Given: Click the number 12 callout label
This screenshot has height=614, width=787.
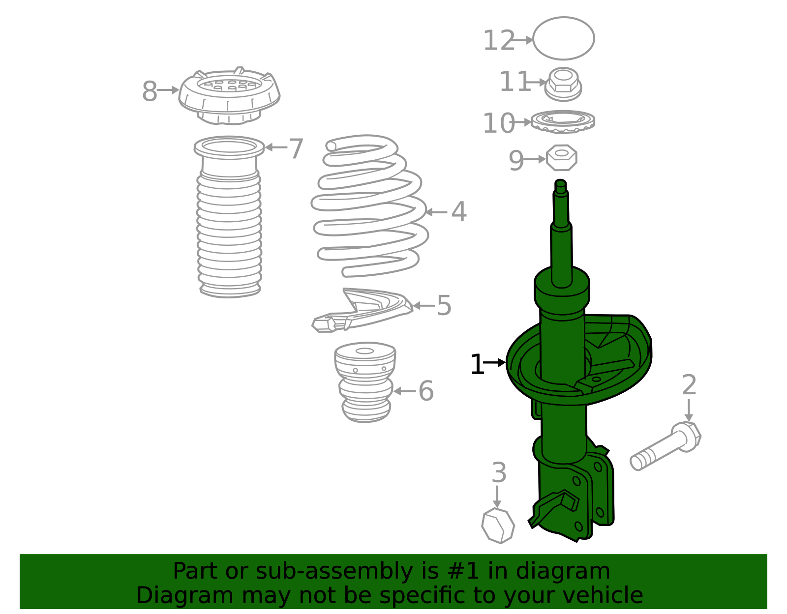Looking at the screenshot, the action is coord(498,40).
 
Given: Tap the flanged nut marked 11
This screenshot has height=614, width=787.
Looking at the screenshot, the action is coord(563,84).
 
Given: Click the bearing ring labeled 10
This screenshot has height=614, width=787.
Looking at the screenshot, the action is coord(563,121).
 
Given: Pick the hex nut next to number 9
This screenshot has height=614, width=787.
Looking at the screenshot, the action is coord(561,158).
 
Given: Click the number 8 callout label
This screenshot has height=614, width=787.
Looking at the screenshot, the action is coord(150,91).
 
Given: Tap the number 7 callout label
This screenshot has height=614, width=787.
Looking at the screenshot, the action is coord(296,148).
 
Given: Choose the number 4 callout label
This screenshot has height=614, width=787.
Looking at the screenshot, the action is coord(459,211).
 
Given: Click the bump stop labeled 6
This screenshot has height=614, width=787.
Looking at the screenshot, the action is coord(365,382).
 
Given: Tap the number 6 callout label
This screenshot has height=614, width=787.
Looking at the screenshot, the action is coord(426,391).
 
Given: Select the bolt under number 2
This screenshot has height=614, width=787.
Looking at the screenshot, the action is coord(666,446).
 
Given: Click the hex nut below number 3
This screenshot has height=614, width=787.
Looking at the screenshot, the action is coord(498,526).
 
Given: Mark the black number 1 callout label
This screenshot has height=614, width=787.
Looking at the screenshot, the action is coord(477,364).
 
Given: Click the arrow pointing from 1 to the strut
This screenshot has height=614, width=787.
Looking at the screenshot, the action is coord(494,362).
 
